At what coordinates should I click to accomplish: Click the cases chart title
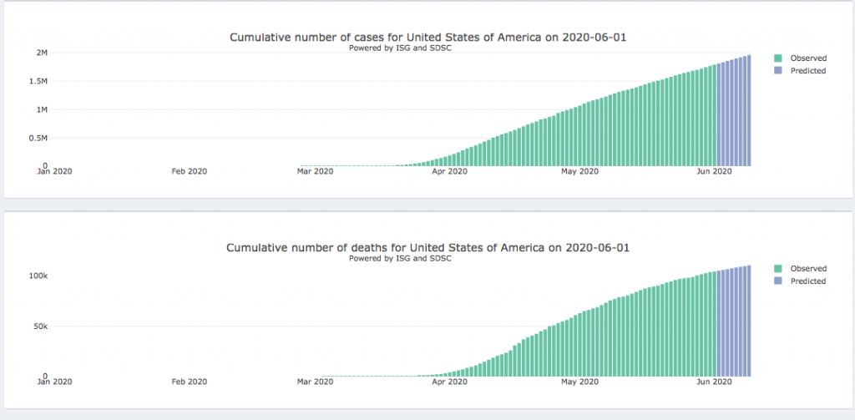pyautogui.click(x=434, y=38)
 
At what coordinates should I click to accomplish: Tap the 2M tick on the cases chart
pyautogui.click(x=41, y=53)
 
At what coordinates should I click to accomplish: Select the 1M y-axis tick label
pyautogui.click(x=41, y=109)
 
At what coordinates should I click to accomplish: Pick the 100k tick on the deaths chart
pyautogui.click(x=38, y=276)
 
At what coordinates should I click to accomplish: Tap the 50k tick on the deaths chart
pyautogui.click(x=39, y=326)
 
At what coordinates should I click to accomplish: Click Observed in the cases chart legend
pyautogui.click(x=807, y=58)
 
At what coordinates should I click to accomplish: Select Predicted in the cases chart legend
pyautogui.click(x=807, y=71)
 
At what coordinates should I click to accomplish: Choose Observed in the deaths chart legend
pyautogui.click(x=807, y=269)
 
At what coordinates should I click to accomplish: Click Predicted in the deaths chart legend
pyautogui.click(x=807, y=281)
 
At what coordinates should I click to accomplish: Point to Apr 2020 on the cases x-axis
pyautogui.click(x=450, y=171)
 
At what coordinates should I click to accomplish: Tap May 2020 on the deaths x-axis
pyautogui.click(x=579, y=382)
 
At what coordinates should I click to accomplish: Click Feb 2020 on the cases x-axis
pyautogui.click(x=189, y=171)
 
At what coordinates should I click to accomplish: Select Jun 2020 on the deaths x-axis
pyautogui.click(x=714, y=382)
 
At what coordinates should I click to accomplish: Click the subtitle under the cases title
pyautogui.click(x=400, y=48)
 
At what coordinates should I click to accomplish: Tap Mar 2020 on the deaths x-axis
pyautogui.click(x=316, y=382)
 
